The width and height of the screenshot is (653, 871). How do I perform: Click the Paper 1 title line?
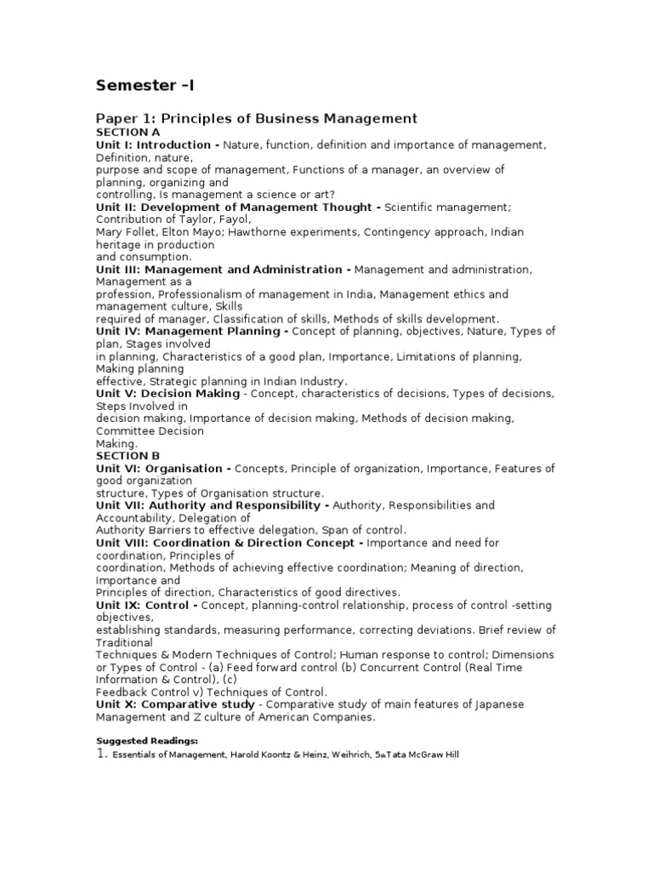(x=256, y=118)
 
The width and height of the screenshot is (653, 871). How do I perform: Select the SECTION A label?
(x=128, y=133)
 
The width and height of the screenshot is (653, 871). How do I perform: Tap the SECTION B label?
(x=128, y=456)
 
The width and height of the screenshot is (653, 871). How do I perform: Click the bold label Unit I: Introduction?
(x=157, y=145)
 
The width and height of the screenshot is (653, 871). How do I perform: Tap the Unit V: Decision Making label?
(x=169, y=394)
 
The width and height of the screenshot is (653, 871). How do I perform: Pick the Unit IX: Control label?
(x=146, y=606)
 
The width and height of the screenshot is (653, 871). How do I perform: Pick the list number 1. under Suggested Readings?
(x=101, y=754)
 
